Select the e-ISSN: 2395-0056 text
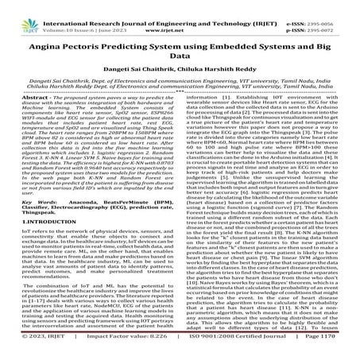[322, 6]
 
